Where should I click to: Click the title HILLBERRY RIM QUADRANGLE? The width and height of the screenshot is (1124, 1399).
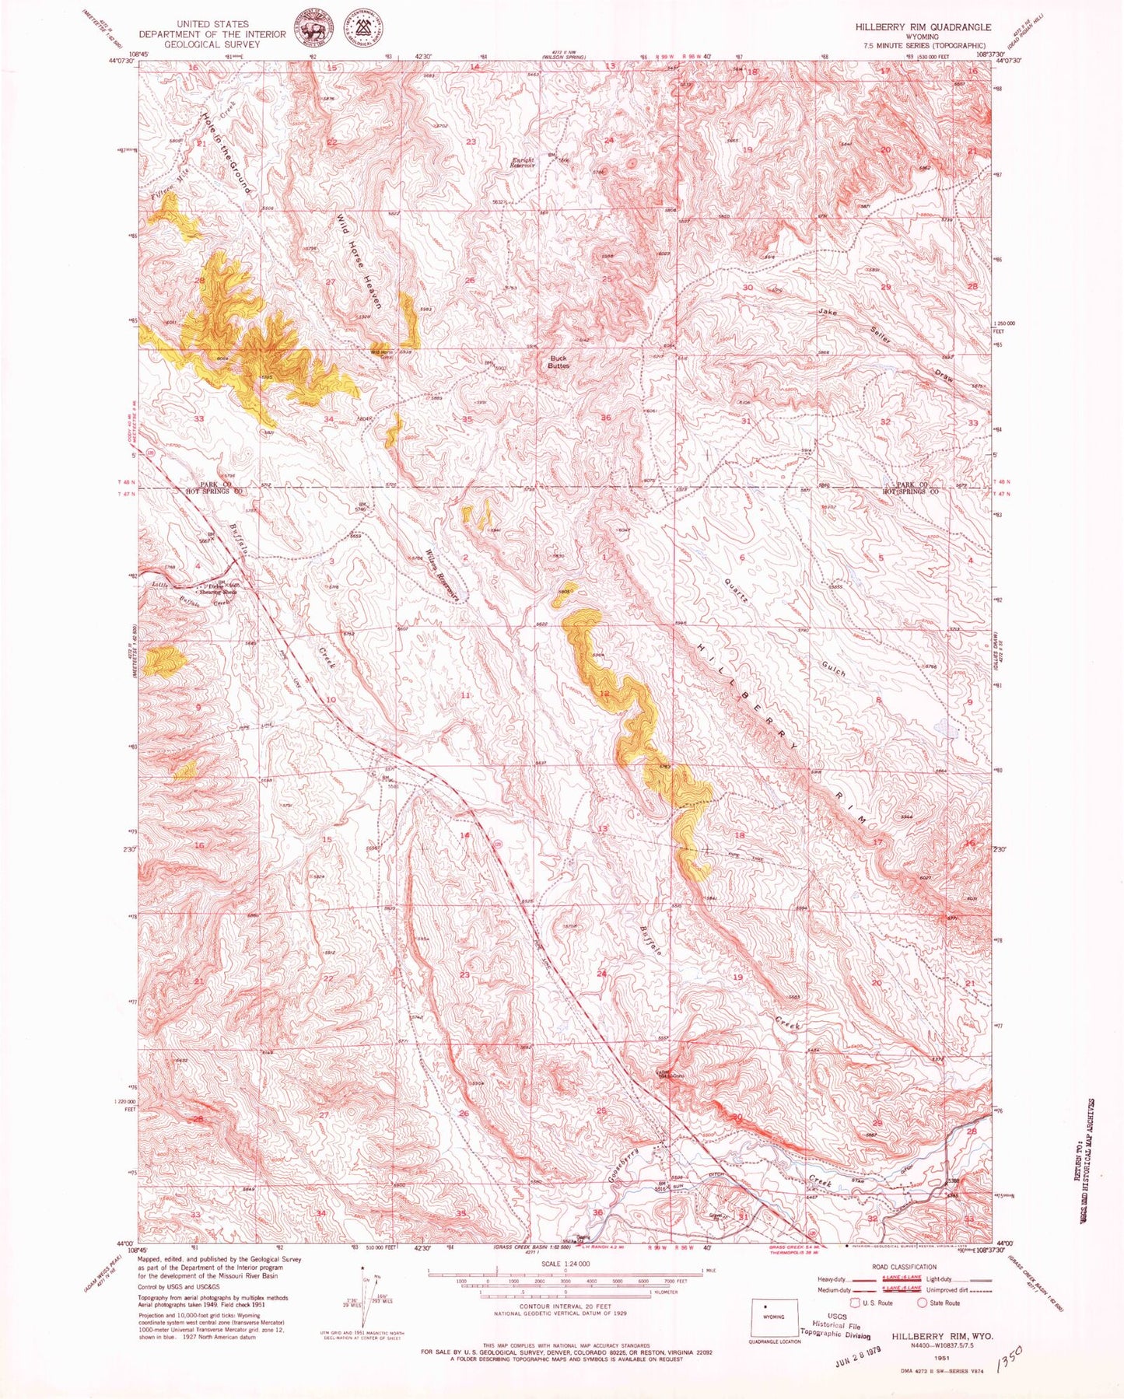tap(923, 26)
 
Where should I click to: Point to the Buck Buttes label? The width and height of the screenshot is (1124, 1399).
tap(558, 362)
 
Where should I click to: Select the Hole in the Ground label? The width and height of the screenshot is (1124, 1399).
tap(226, 153)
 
